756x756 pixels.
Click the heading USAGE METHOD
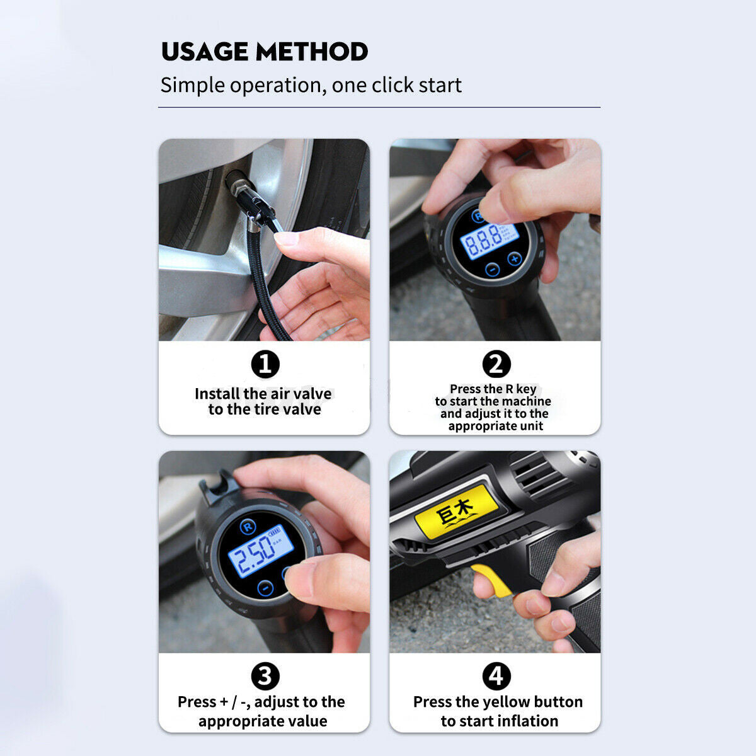click(x=265, y=52)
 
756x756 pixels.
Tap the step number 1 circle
click(x=265, y=364)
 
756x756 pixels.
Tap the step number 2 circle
click(x=496, y=364)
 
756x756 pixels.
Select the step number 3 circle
click(x=265, y=677)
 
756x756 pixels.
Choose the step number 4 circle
click(x=496, y=677)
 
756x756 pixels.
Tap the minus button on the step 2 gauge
click(x=493, y=270)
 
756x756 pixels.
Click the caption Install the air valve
click(x=263, y=394)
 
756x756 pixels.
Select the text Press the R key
click(x=493, y=389)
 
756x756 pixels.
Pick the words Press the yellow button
click(x=498, y=702)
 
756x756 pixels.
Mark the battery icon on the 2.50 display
click(x=277, y=534)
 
